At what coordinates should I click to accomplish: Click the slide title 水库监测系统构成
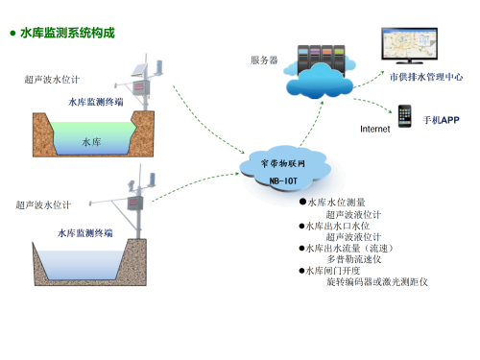click(x=67, y=33)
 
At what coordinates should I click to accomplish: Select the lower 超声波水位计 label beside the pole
click(x=43, y=204)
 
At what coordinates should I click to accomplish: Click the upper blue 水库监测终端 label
click(x=96, y=101)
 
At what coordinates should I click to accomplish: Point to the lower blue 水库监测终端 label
click(x=84, y=232)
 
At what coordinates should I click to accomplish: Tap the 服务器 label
click(x=264, y=60)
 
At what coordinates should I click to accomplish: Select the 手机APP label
click(x=442, y=122)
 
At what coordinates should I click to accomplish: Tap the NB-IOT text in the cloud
click(x=287, y=178)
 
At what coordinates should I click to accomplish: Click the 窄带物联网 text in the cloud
click(x=287, y=164)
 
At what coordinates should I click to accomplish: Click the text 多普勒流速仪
click(x=354, y=259)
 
